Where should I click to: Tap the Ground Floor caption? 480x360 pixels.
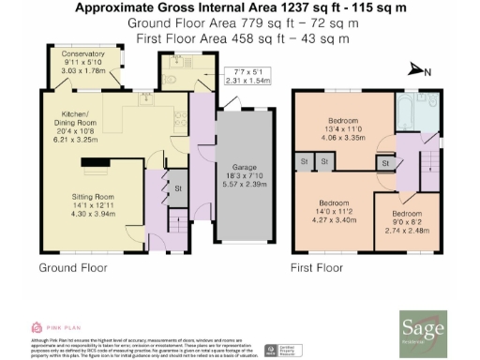click(x=72, y=267)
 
